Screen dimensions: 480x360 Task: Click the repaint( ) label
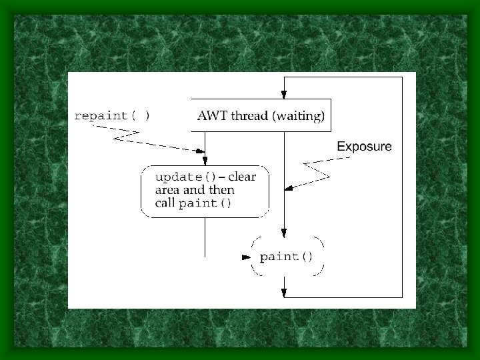click(112, 116)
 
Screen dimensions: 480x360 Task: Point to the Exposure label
click(364, 146)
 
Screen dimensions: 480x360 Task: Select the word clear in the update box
click(242, 177)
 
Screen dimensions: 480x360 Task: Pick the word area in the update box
click(167, 191)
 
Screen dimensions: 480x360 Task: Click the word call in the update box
click(165, 203)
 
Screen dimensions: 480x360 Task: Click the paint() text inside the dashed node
click(286, 257)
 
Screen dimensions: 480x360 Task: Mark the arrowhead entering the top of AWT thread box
click(284, 95)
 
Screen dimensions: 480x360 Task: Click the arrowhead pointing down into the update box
click(205, 161)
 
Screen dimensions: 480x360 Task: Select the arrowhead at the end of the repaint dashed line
click(200, 151)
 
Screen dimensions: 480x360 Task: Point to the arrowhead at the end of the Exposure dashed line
click(289, 188)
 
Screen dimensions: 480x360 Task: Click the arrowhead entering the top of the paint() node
click(284, 233)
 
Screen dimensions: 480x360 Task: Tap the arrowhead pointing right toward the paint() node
click(246, 257)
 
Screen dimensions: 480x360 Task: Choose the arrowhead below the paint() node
click(284, 293)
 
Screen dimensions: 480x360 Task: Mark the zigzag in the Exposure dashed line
click(317, 171)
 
